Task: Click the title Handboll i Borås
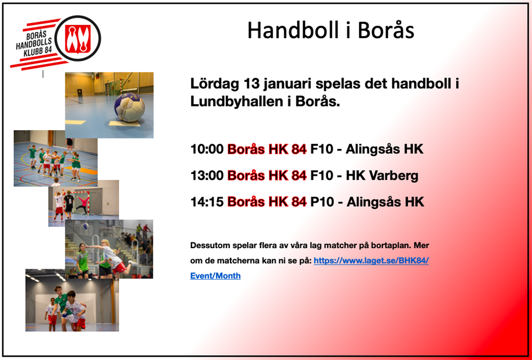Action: click(331, 30)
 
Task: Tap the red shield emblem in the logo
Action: click(78, 38)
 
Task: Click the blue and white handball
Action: click(129, 107)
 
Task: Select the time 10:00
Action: click(207, 149)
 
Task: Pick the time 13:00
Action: click(207, 176)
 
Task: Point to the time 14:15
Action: click(207, 202)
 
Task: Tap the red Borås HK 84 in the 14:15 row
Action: click(267, 202)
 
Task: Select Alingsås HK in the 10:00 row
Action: click(385, 150)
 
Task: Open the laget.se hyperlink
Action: click(309, 268)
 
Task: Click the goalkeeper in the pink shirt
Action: click(82, 204)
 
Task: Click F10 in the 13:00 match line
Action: click(323, 176)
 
